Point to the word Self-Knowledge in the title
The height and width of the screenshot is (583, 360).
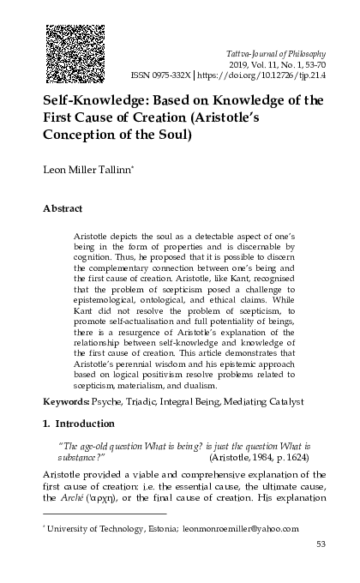92,100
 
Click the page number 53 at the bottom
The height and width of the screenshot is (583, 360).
321,544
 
